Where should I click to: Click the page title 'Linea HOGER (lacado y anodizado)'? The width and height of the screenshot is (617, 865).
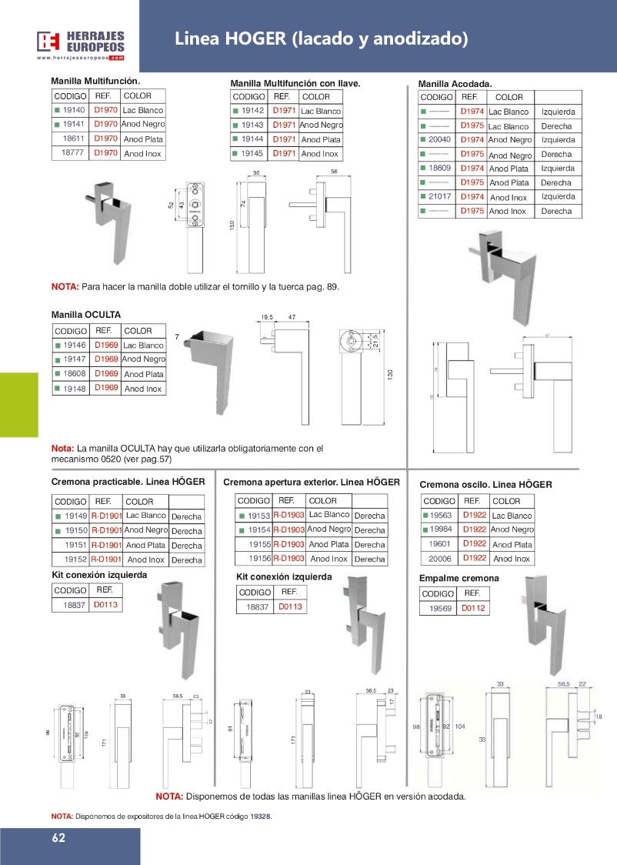pos(321,38)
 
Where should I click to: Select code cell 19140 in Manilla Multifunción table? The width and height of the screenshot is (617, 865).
pos(74,110)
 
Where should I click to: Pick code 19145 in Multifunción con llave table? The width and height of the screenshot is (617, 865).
pos(252,154)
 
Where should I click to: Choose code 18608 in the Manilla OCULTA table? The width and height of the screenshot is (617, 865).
pos(75,374)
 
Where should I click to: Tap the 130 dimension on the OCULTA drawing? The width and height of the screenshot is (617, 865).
pos(390,374)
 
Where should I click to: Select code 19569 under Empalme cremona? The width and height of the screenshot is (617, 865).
pos(440,609)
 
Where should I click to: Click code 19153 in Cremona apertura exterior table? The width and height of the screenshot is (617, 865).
pos(258,516)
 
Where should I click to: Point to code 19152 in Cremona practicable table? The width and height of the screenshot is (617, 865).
pos(75,560)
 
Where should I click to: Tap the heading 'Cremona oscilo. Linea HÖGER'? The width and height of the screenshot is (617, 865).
pos(485,485)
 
